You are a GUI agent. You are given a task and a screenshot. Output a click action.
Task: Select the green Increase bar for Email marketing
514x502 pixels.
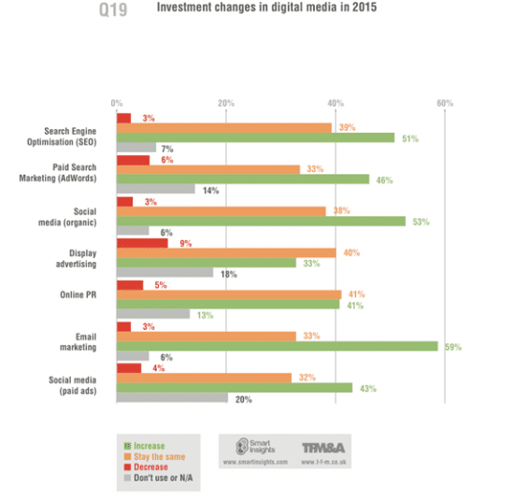coord(277,345)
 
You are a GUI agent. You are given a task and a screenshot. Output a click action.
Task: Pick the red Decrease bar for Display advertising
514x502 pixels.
coord(141,242)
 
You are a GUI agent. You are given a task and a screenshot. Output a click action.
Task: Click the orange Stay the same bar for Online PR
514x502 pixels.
coord(228,294)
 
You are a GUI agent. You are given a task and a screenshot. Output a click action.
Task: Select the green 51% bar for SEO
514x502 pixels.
coord(255,137)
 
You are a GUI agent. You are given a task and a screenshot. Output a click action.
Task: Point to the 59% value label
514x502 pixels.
coord(453,346)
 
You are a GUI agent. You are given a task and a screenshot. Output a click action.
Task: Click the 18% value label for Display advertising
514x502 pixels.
coord(225,274)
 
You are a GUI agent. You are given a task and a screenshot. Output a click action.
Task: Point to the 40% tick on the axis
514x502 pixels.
coord(335,102)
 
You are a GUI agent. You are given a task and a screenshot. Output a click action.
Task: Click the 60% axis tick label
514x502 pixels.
coord(445,102)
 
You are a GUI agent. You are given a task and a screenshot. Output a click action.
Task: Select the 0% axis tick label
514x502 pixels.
coord(116,102)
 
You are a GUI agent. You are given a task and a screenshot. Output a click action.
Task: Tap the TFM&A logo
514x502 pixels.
coord(326,450)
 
